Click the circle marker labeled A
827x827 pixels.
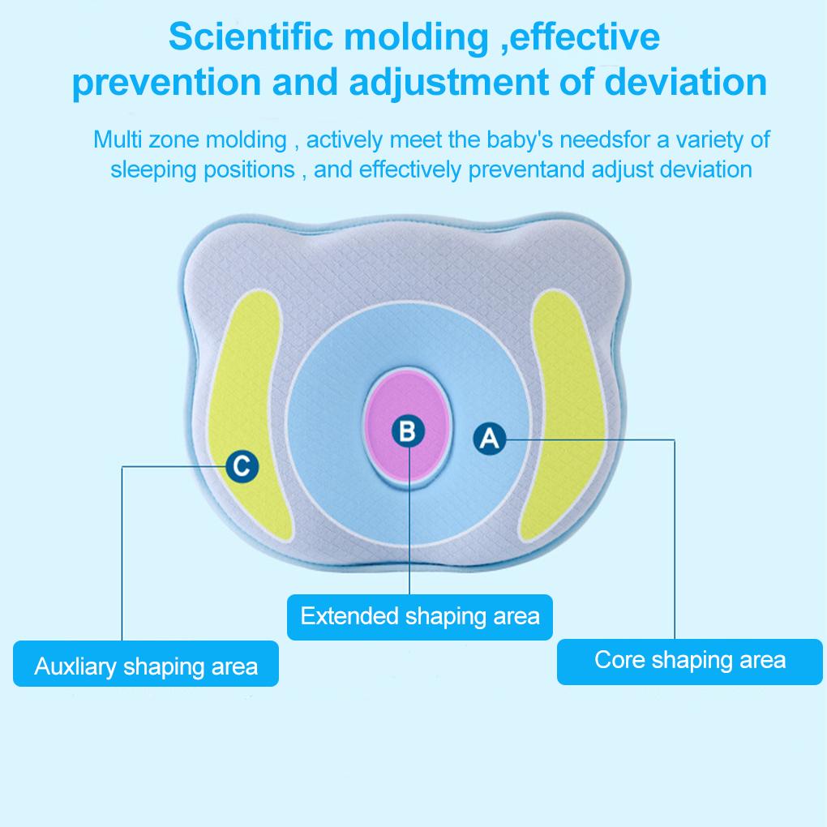coord(489,439)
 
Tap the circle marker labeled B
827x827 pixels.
coord(408,431)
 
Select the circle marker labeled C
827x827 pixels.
coord(242,466)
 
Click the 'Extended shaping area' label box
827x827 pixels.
coord(419,616)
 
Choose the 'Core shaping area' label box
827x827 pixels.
coord(689,660)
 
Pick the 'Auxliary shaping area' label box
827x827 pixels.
coord(146,666)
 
